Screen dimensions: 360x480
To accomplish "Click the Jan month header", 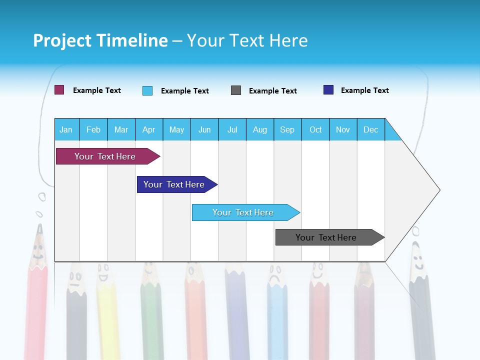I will pos(66,129).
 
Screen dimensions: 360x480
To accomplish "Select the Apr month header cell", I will pos(148,129).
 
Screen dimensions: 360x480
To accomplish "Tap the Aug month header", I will pos(259,129).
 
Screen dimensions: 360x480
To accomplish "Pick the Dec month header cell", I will pos(370,129).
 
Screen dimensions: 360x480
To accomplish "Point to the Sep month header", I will pos(287,129).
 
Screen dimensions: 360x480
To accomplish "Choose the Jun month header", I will pos(204,129).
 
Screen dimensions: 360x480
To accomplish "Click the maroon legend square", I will pos(59,90).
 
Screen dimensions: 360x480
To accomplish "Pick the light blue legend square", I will pos(147,90).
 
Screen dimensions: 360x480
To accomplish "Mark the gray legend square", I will pos(236,90).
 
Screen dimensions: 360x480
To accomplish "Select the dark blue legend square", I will pos(328,90).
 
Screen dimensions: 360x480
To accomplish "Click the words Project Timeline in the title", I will pos(100,40).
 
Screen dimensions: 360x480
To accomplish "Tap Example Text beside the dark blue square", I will pos(364,90).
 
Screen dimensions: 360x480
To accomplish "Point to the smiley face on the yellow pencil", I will pos(103,274).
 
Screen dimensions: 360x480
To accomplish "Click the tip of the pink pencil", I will pos(39,228).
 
